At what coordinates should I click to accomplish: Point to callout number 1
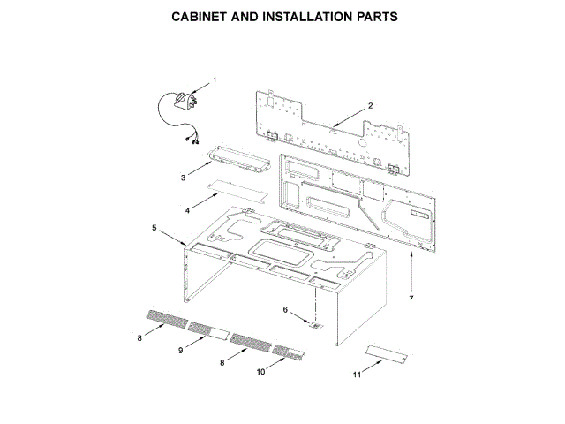(214, 80)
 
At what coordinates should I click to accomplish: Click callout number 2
(371, 105)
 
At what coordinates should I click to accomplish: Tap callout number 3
(183, 178)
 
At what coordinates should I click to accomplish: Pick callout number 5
(154, 228)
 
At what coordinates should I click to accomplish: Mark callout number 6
(285, 309)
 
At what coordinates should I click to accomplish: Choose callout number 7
(411, 298)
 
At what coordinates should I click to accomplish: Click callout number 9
(180, 351)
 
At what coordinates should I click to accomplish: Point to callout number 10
(260, 372)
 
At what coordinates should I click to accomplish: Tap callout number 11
(357, 375)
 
